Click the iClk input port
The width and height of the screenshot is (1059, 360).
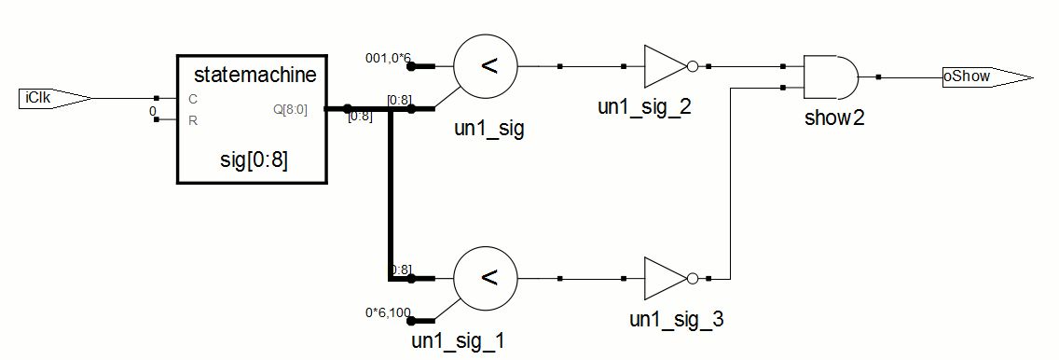pyautogui.click(x=54, y=99)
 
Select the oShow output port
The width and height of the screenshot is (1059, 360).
pyautogui.click(x=987, y=77)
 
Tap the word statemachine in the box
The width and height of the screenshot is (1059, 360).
pyautogui.click(x=254, y=74)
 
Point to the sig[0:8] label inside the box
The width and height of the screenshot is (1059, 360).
pyautogui.click(x=254, y=161)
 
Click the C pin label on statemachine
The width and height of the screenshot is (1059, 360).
pyautogui.click(x=193, y=99)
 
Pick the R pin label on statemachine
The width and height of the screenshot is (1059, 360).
pyautogui.click(x=193, y=121)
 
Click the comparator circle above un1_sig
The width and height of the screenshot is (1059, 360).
pyautogui.click(x=486, y=67)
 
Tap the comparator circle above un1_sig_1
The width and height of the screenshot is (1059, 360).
pyautogui.click(x=486, y=278)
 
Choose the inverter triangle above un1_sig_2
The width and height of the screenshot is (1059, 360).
pyautogui.click(x=666, y=67)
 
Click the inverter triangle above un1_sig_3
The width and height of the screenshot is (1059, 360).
pyautogui.click(x=666, y=278)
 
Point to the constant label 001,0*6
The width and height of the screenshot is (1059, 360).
pyautogui.click(x=388, y=58)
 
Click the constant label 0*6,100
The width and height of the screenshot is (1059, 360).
pyautogui.click(x=388, y=312)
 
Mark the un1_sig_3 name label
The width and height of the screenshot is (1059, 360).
pyautogui.click(x=676, y=319)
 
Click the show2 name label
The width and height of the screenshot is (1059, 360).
pyautogui.click(x=834, y=118)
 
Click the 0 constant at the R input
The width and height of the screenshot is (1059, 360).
pyautogui.click(x=153, y=111)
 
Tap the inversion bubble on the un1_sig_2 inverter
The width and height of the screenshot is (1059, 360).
pyautogui.click(x=692, y=67)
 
